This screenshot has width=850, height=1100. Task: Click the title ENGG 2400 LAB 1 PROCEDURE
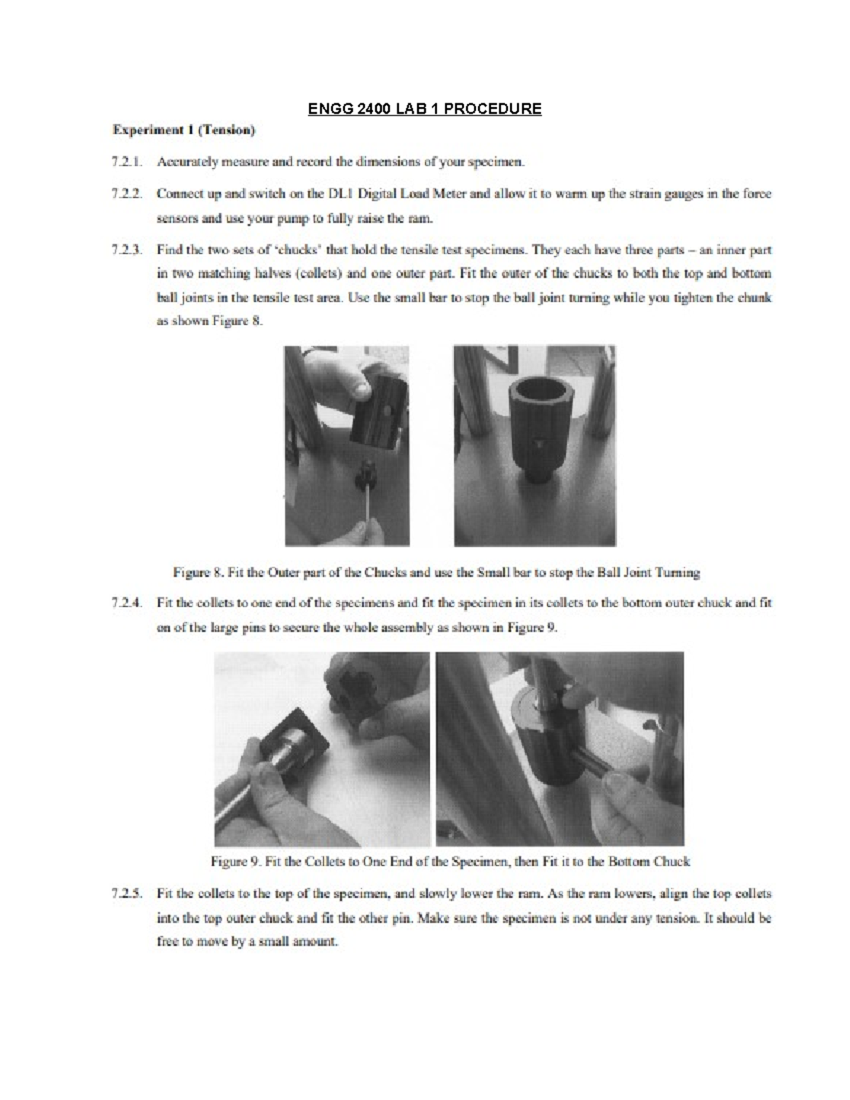click(424, 109)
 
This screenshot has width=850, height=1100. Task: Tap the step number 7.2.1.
click(127, 162)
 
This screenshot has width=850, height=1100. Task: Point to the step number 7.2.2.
click(127, 193)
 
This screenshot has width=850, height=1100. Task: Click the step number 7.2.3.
click(127, 250)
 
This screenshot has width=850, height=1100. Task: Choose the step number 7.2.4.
click(127, 603)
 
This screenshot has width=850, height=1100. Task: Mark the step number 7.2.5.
click(127, 894)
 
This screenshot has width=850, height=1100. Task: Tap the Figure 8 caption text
click(436, 572)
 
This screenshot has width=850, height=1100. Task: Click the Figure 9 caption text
click(450, 862)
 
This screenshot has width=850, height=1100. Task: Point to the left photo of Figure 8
click(346, 446)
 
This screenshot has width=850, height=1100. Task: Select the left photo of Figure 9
click(322, 749)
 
